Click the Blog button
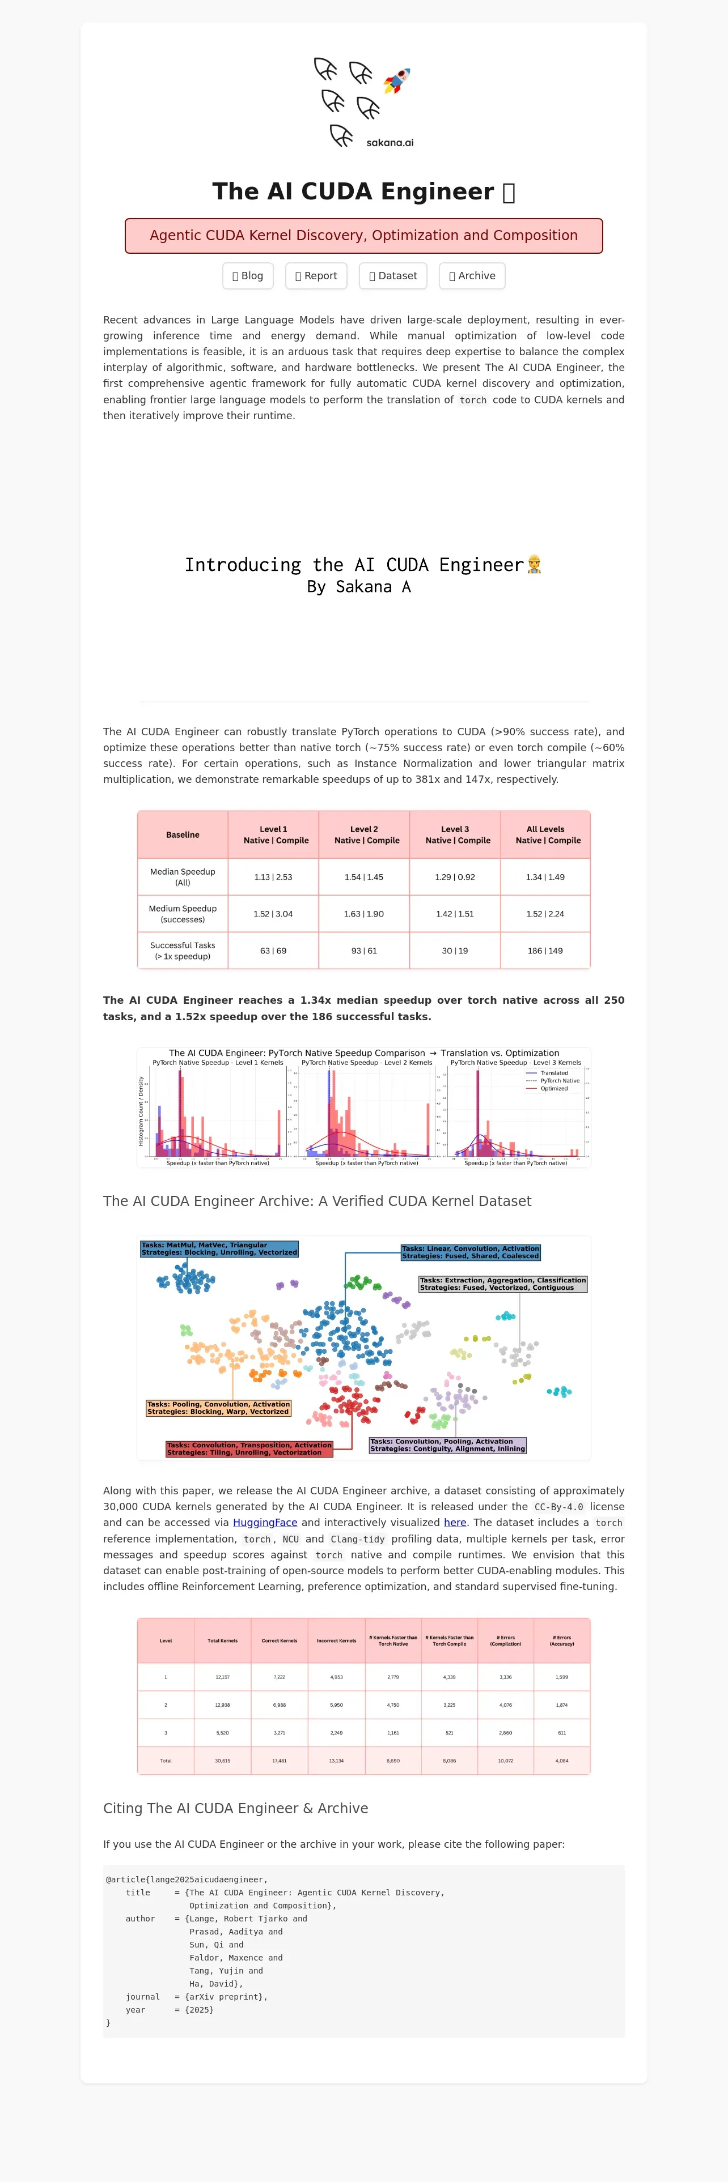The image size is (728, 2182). tap(247, 276)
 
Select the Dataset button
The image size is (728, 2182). tap(393, 276)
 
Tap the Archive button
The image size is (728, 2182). tap(472, 276)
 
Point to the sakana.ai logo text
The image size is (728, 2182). tap(390, 142)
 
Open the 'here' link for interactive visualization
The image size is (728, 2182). tap(455, 1522)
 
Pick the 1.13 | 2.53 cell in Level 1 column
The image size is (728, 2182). tap(273, 877)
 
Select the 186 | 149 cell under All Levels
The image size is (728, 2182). tap(545, 951)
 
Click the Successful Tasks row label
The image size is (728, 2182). tap(182, 951)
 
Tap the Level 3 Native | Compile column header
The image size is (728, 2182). tap(455, 834)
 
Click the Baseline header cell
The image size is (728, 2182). tap(182, 834)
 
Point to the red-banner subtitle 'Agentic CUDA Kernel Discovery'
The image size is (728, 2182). tap(363, 236)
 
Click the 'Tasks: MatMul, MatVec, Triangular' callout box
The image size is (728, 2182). tap(219, 1248)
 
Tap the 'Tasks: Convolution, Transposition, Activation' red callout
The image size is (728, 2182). tap(249, 1448)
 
